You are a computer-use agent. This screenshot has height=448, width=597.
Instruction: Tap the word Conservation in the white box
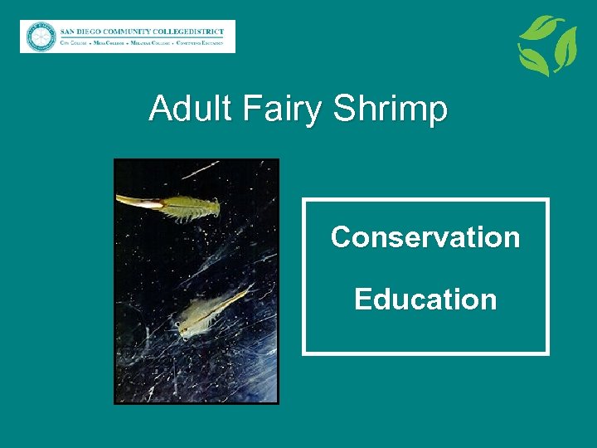click(x=425, y=237)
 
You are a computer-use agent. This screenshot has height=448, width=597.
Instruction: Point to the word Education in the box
click(x=425, y=299)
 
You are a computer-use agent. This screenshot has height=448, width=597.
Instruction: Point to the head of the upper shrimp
click(x=212, y=207)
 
